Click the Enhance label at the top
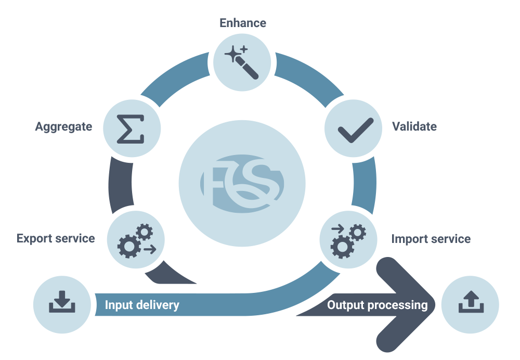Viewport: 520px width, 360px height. point(242,23)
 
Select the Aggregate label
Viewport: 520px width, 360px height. point(63,126)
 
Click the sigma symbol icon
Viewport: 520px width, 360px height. point(131,128)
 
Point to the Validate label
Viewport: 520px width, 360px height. point(414,126)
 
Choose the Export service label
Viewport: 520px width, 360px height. point(56,238)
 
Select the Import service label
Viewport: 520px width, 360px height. point(431,239)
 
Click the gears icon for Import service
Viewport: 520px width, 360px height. point(348,240)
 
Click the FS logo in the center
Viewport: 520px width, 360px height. point(242,184)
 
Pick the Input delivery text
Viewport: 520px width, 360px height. point(142,305)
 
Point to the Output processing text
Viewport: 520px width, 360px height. point(377,305)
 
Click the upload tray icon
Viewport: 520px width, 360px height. point(470,303)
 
